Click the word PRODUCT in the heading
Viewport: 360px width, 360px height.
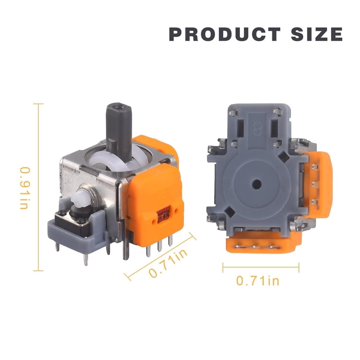pos(225,34)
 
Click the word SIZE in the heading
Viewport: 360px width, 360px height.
pos(317,34)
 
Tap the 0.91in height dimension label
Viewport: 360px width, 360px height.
pos(25,188)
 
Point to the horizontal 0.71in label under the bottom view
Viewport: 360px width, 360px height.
pos(258,281)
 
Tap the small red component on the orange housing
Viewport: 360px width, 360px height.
pos(164,215)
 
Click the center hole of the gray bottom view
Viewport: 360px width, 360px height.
pos(257,184)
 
